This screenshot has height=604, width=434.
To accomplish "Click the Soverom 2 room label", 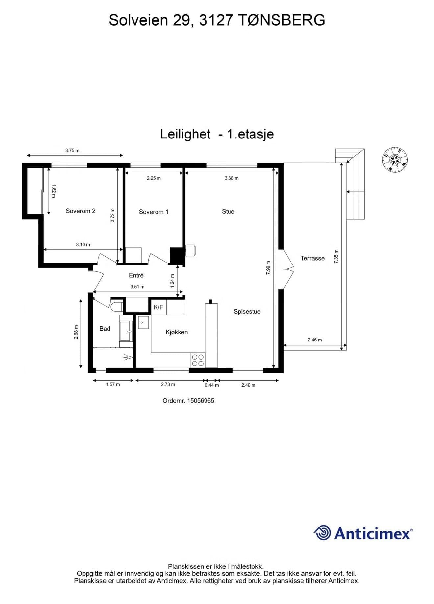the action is (x=81, y=211).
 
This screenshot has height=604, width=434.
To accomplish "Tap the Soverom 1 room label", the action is (x=154, y=212).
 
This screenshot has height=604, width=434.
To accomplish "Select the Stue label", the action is (x=228, y=212).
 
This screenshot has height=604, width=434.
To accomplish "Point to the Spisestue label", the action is (x=247, y=312).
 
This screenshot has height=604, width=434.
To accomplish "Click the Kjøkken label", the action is (x=177, y=332).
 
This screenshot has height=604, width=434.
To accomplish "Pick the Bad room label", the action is (x=105, y=329).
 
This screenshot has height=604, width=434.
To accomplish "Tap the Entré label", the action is (x=136, y=276).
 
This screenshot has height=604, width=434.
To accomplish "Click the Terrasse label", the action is (x=313, y=259).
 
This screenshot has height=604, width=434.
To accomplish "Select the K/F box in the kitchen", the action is (x=158, y=307).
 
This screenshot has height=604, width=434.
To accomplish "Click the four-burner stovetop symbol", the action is (x=198, y=360).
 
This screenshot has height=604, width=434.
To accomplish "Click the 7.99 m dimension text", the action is (x=268, y=268).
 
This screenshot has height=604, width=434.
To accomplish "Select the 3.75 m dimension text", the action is (x=72, y=151).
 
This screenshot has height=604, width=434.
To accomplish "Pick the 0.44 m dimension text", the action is (x=212, y=385).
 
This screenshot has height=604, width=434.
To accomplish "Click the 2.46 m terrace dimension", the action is (x=315, y=340).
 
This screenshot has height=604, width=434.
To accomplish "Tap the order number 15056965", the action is (x=201, y=401).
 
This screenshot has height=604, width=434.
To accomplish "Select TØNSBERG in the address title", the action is (x=281, y=20).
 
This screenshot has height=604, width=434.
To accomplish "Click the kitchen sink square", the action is (x=143, y=323).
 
